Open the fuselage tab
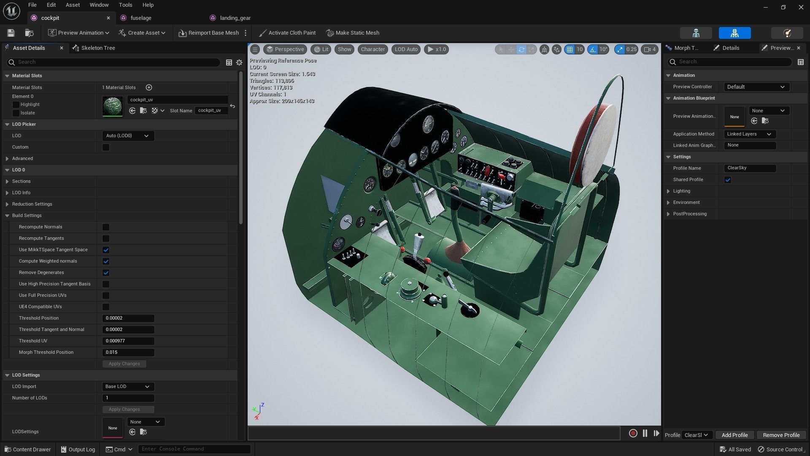(140, 18)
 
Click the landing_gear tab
(235, 18)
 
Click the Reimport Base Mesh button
(209, 33)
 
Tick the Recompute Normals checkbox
(106, 227)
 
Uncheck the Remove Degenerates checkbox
(106, 273)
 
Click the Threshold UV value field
(128, 341)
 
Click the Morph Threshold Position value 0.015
(128, 353)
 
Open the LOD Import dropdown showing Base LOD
(128, 387)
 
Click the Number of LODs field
(128, 398)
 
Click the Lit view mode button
(321, 49)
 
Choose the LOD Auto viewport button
(406, 49)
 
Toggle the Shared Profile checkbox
(728, 180)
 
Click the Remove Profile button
(781, 435)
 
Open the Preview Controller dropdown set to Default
(756, 87)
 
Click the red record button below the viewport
(633, 434)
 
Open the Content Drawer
(28, 450)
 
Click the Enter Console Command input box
(194, 449)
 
